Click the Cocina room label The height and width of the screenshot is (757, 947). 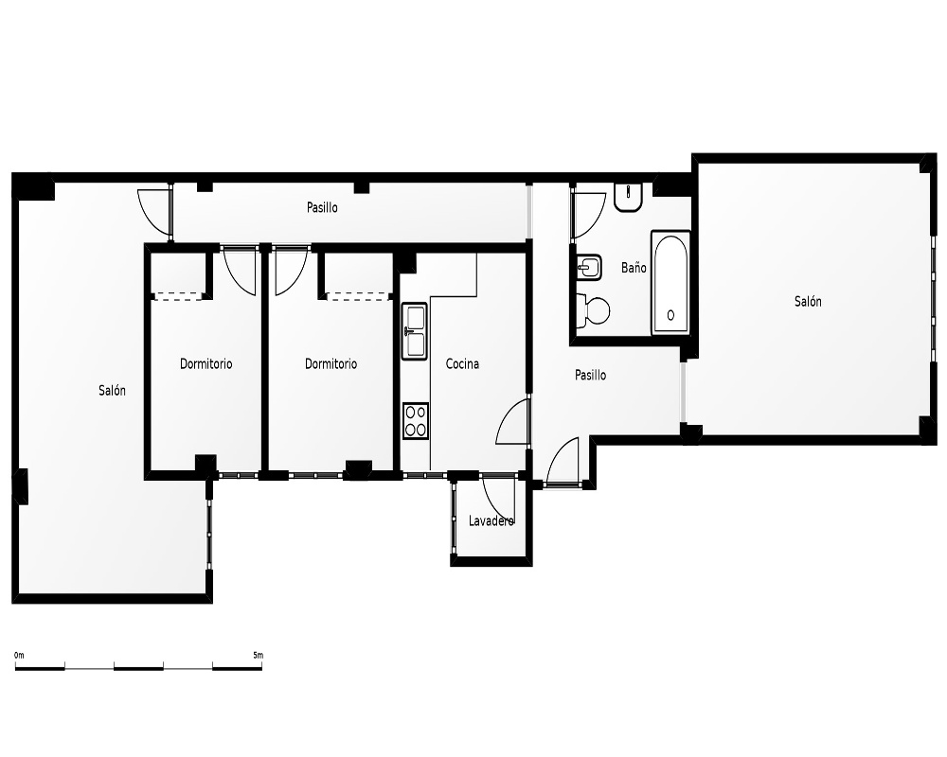[x=462, y=364]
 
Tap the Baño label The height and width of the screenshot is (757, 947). [x=634, y=268]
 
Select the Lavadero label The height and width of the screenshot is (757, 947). [x=491, y=520]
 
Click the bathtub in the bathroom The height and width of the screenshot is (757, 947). [x=670, y=283]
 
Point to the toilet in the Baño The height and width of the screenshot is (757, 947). [x=593, y=311]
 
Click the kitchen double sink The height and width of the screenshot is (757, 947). [x=415, y=331]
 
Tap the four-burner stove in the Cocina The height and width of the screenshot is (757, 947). [x=416, y=421]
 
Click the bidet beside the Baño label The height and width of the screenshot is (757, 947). [x=589, y=267]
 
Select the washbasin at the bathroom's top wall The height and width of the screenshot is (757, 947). [x=629, y=197]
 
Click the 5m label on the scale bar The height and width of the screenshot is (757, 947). [x=258, y=655]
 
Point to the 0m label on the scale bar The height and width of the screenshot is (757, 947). [x=19, y=655]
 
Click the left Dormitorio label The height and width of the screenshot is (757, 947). [x=205, y=364]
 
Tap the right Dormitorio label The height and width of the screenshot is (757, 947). [x=331, y=364]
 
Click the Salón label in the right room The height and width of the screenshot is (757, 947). [x=808, y=301]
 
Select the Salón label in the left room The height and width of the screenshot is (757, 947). [x=113, y=391]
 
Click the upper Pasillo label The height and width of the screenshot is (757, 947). [x=322, y=207]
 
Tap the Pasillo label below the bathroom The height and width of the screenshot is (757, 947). [x=590, y=376]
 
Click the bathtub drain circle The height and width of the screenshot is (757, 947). [x=670, y=315]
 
